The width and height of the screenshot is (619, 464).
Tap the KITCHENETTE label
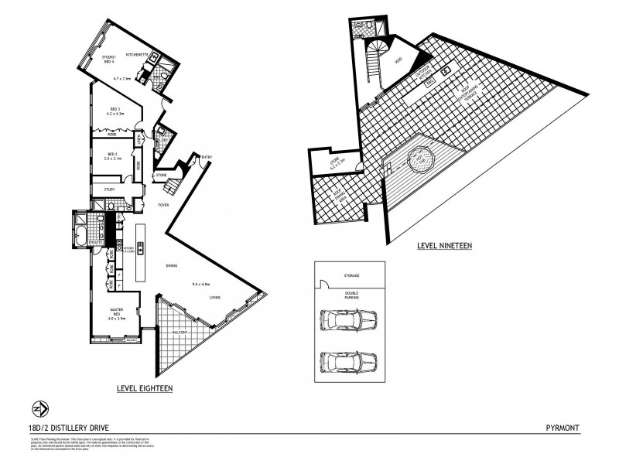(137, 55)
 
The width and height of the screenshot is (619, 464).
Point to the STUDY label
(109, 188)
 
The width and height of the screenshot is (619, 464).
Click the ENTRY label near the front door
(206, 158)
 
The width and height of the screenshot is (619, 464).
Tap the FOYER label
(163, 205)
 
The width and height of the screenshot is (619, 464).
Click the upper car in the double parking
(347, 319)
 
